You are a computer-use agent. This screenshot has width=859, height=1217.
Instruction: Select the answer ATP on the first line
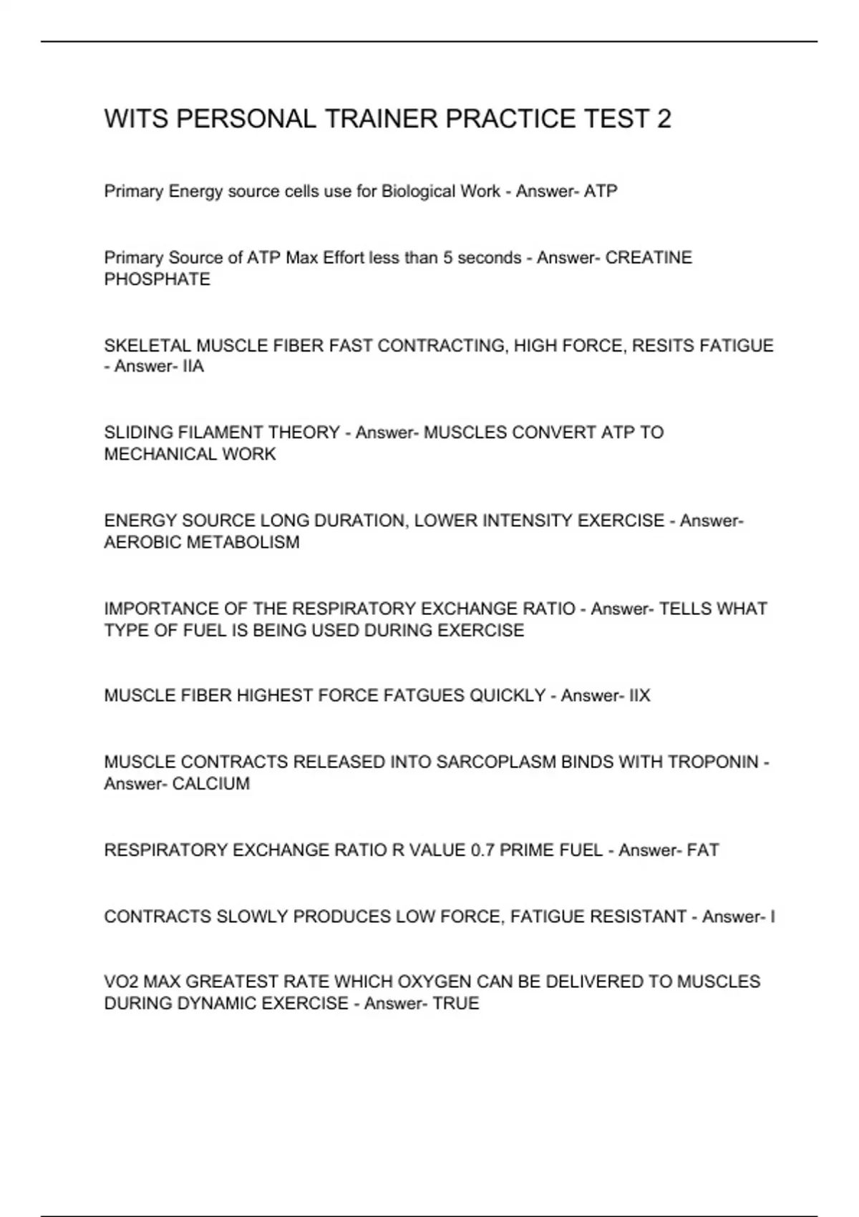[601, 191]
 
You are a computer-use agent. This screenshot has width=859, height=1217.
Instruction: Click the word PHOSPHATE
[157, 279]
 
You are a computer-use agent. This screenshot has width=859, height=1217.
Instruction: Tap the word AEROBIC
[142, 542]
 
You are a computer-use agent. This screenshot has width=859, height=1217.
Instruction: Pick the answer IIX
[639, 695]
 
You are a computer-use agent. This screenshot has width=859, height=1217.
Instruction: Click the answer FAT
[703, 850]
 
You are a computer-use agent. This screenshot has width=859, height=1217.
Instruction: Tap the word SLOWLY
[252, 916]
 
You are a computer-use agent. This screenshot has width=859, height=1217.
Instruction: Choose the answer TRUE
[456, 1003]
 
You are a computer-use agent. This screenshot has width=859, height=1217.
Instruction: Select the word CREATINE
[649, 257]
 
